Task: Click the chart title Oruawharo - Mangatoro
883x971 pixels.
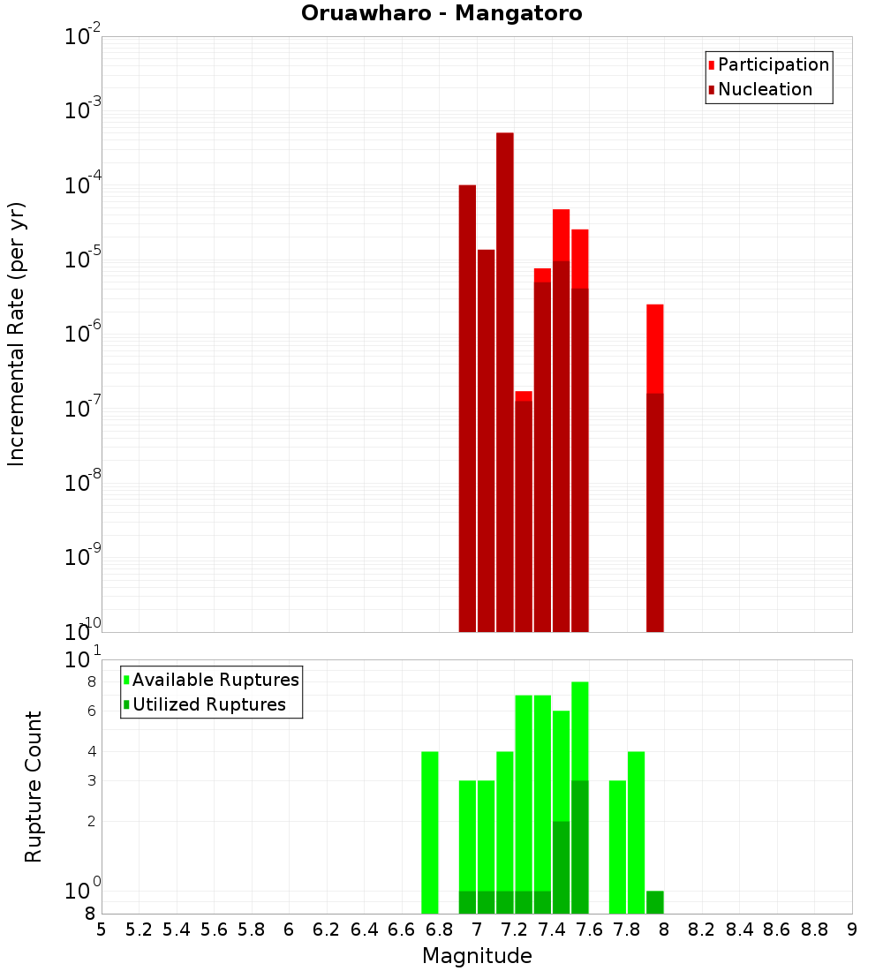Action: (x=441, y=14)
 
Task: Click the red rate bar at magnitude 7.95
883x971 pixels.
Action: (x=655, y=468)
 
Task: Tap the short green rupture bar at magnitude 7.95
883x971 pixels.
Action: (x=655, y=902)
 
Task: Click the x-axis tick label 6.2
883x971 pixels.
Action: (x=326, y=930)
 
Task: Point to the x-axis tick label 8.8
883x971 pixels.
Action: (x=814, y=930)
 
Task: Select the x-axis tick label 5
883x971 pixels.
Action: (x=102, y=930)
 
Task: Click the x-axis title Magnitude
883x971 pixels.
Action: (x=477, y=956)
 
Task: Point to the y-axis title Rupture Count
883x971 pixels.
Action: (x=34, y=787)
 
